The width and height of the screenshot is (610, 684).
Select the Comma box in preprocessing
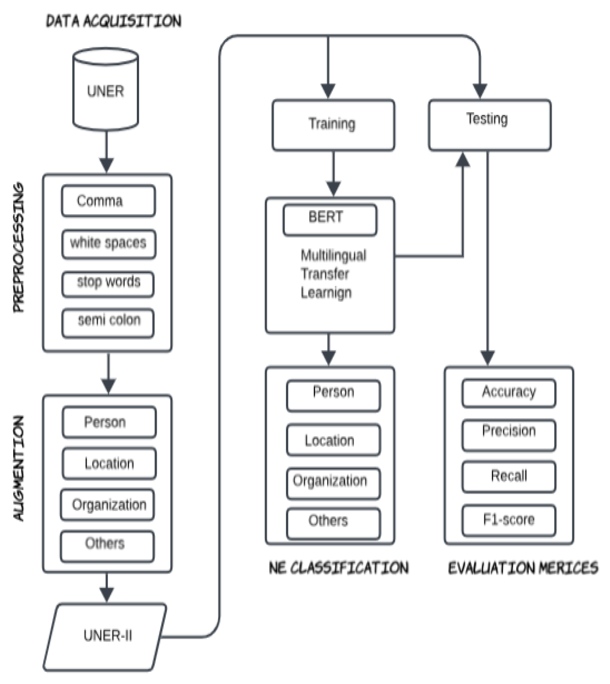tap(108, 201)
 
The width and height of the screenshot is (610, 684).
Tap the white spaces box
tap(109, 243)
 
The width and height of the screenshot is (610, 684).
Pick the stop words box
tap(108, 284)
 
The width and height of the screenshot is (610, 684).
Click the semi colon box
tap(108, 322)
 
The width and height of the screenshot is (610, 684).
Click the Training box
tap(333, 125)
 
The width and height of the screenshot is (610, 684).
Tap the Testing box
tap(489, 125)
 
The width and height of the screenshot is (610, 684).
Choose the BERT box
tap(330, 220)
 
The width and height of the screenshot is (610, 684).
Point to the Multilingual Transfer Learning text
tap(332, 274)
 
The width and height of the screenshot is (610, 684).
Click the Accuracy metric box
tap(508, 392)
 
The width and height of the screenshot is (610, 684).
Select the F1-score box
tap(508, 520)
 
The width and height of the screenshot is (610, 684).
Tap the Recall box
tap(508, 476)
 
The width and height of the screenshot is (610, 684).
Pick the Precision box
tap(508, 434)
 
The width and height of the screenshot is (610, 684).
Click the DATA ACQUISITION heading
tap(113, 21)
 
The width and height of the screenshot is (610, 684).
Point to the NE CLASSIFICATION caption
tap(339, 568)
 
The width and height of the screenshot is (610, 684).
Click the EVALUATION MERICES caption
tap(523, 568)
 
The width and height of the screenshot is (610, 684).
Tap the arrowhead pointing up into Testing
tap(463, 160)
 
